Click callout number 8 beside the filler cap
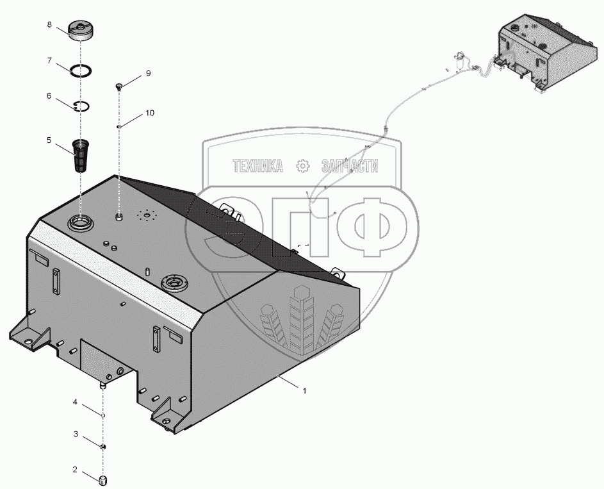click(49, 24)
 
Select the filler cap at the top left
click(81, 31)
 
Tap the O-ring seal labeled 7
click(81, 71)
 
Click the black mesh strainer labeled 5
click(81, 156)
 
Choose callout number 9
click(149, 74)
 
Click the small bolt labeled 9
click(119, 87)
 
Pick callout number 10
click(149, 113)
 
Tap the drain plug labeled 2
click(103, 480)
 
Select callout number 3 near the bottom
click(76, 435)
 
